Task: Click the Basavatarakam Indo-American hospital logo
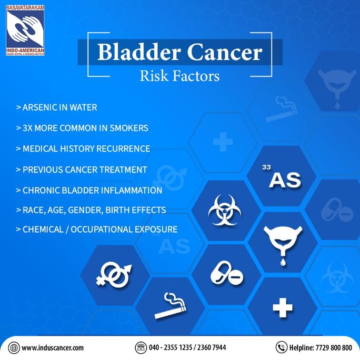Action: [25, 30]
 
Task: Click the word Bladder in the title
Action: [139, 52]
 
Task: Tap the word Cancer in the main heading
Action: [225, 52]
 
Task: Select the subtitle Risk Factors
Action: [180, 76]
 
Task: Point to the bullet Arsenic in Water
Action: [57, 107]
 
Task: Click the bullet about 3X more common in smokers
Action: [82, 128]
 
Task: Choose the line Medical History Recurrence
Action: [83, 149]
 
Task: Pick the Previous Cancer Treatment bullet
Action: [81, 170]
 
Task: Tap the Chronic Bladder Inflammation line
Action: [89, 190]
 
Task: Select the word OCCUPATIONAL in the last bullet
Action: [101, 230]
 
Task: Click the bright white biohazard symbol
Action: [225, 210]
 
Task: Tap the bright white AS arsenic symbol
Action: [283, 177]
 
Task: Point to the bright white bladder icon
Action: [283, 243]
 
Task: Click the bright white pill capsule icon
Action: [227, 273]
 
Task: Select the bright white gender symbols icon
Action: [114, 276]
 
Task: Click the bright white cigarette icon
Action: [170, 306]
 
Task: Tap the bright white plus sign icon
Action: [283, 308]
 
